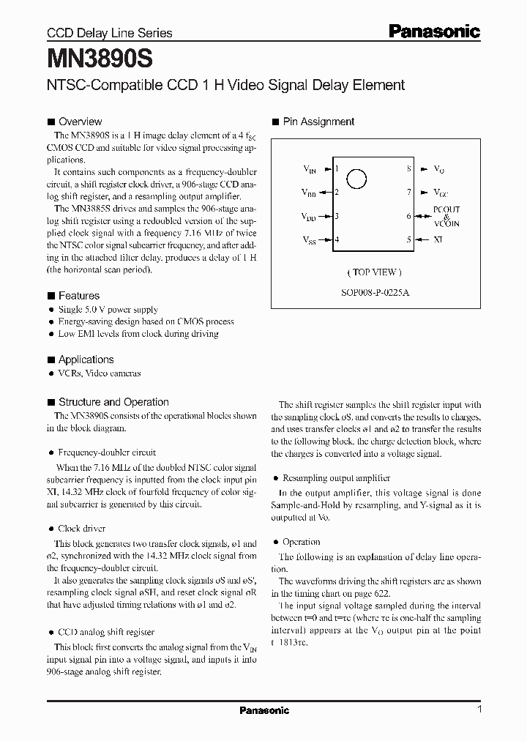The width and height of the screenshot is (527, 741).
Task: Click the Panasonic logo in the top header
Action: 434,31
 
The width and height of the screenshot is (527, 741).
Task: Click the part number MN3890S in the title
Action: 89,56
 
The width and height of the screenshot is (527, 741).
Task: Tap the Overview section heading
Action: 80,122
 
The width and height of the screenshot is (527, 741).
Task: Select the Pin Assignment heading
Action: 318,122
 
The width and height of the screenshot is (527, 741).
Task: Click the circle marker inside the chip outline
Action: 356,178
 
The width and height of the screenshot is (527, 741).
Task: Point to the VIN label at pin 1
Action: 310,169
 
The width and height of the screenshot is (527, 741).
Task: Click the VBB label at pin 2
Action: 309,193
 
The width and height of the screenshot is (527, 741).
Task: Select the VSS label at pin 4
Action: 309,239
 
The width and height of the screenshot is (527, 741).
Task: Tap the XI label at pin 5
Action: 438,239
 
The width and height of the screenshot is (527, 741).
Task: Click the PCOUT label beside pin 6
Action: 447,209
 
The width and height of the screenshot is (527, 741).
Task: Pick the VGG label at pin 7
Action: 441,193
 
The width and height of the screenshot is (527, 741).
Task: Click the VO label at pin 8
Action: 439,169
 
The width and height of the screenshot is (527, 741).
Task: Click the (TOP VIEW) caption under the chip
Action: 374,272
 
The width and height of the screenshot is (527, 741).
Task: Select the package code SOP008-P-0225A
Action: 374,291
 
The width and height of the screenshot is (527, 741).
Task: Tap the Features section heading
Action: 78,296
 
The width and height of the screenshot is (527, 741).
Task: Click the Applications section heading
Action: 86,360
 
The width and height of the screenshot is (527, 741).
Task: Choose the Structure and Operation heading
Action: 113,402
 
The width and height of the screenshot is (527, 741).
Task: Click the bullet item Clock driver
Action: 81,528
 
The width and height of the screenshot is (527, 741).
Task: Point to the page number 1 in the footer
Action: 479,710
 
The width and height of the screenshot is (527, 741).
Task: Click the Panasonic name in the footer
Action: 264,710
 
